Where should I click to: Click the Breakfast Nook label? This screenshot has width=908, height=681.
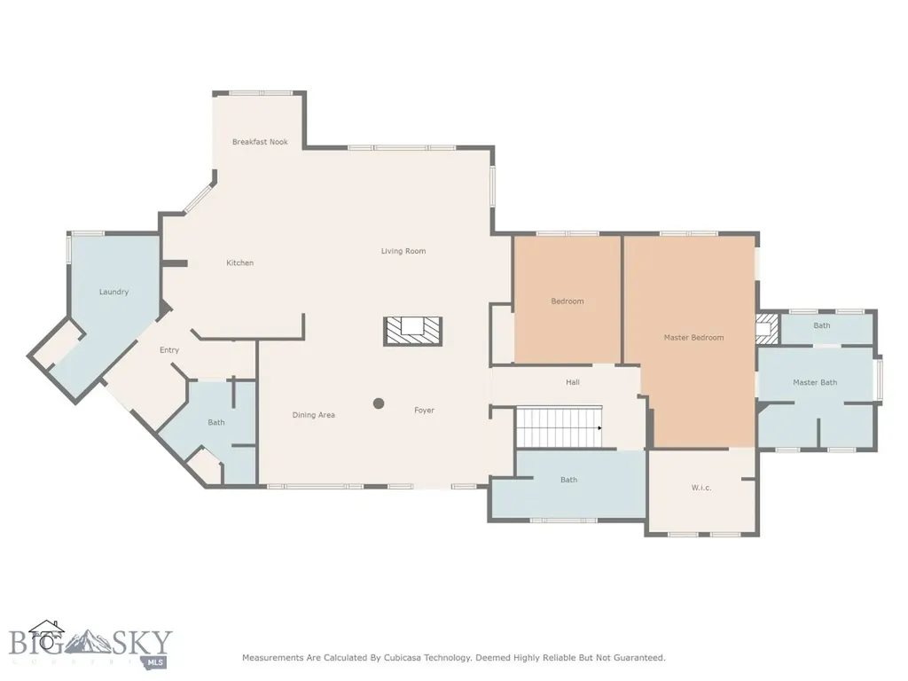coord(260,142)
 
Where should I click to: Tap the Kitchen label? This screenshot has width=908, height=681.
coord(239,262)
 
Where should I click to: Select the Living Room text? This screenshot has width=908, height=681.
coord(403,251)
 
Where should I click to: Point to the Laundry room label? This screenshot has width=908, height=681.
coord(113,292)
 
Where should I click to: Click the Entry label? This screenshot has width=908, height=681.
coord(169,350)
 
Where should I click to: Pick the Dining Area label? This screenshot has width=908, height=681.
coord(313,415)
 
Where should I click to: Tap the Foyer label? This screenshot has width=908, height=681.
coord(424,411)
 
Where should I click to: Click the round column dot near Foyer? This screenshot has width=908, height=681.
coord(379,403)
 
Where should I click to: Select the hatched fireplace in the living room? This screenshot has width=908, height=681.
coord(413,332)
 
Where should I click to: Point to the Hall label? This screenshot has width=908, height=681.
coord(573,382)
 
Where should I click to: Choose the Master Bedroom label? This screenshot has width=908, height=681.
coord(693,338)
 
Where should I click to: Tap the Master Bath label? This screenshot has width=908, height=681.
coord(815,383)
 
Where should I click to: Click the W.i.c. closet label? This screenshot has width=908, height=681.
coord(701,488)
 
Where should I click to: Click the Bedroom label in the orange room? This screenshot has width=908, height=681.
coord(567,301)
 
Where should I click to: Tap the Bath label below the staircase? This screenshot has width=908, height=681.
coord(568,480)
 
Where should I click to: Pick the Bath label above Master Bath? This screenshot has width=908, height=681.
coord(822,325)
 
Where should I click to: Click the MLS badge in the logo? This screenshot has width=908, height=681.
coord(153,661)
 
